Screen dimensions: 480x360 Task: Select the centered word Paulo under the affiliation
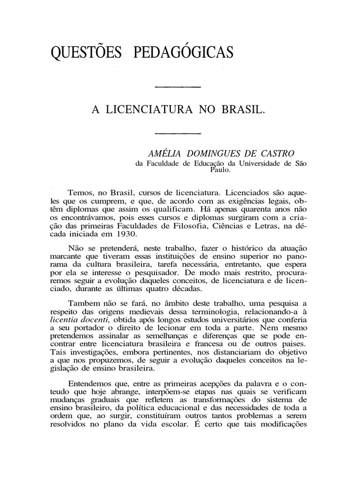(x=219, y=171)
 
